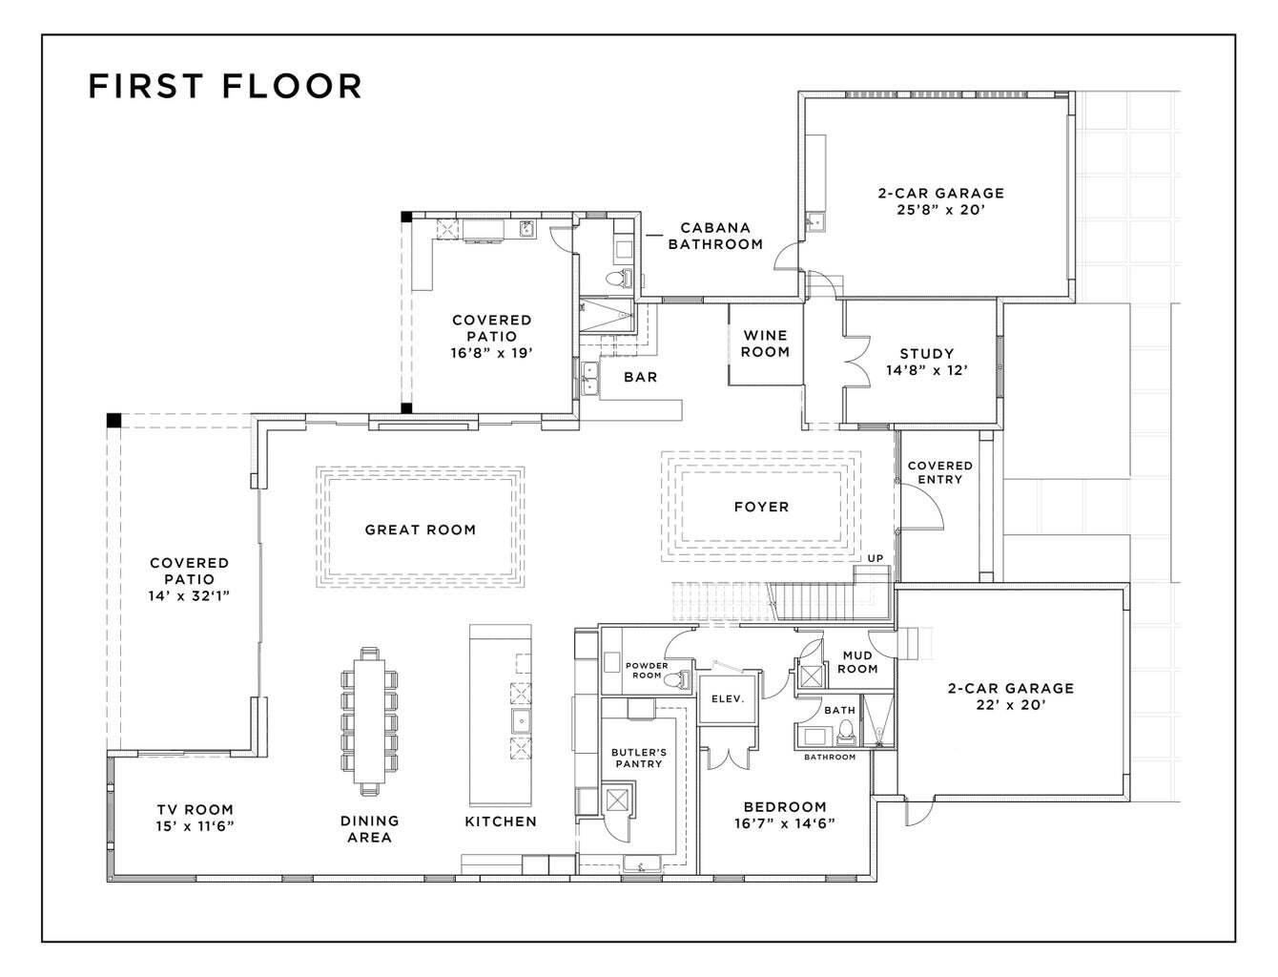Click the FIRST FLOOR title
pyautogui.click(x=225, y=86)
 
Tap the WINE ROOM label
pyautogui.click(x=765, y=343)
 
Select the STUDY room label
pyautogui.click(x=926, y=354)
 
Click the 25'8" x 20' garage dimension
pyautogui.click(x=940, y=210)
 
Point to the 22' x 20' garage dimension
pyautogui.click(x=1010, y=705)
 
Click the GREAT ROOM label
pyautogui.click(x=420, y=530)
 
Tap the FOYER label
pyautogui.click(x=761, y=507)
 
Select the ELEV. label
pyautogui.click(x=728, y=698)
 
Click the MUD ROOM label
pyautogui.click(x=857, y=662)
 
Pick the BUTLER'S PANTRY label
pyautogui.click(x=638, y=758)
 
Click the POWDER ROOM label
pyautogui.click(x=646, y=670)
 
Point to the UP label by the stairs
pyautogui.click(x=875, y=558)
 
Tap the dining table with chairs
pyautogui.click(x=370, y=720)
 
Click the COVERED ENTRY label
pyautogui.click(x=939, y=472)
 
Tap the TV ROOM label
pyautogui.click(x=195, y=818)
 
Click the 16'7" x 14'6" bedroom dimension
pyautogui.click(x=784, y=823)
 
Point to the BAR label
pyautogui.click(x=640, y=377)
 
